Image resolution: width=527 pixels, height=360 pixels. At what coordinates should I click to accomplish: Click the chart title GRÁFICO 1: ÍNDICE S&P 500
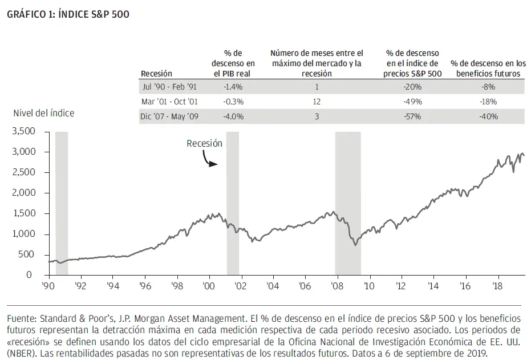68,14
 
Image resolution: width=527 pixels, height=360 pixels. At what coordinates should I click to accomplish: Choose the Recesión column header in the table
156,74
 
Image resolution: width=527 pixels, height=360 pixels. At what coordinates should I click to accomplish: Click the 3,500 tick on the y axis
23,131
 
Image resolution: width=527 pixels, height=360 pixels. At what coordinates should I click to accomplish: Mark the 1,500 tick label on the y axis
23,213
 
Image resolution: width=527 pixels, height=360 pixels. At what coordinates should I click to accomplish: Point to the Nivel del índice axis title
44,113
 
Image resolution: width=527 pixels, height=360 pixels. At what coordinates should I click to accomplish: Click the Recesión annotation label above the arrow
204,144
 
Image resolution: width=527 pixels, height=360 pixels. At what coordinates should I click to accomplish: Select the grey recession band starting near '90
62,203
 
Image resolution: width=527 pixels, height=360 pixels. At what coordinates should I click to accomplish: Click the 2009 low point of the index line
355,245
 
